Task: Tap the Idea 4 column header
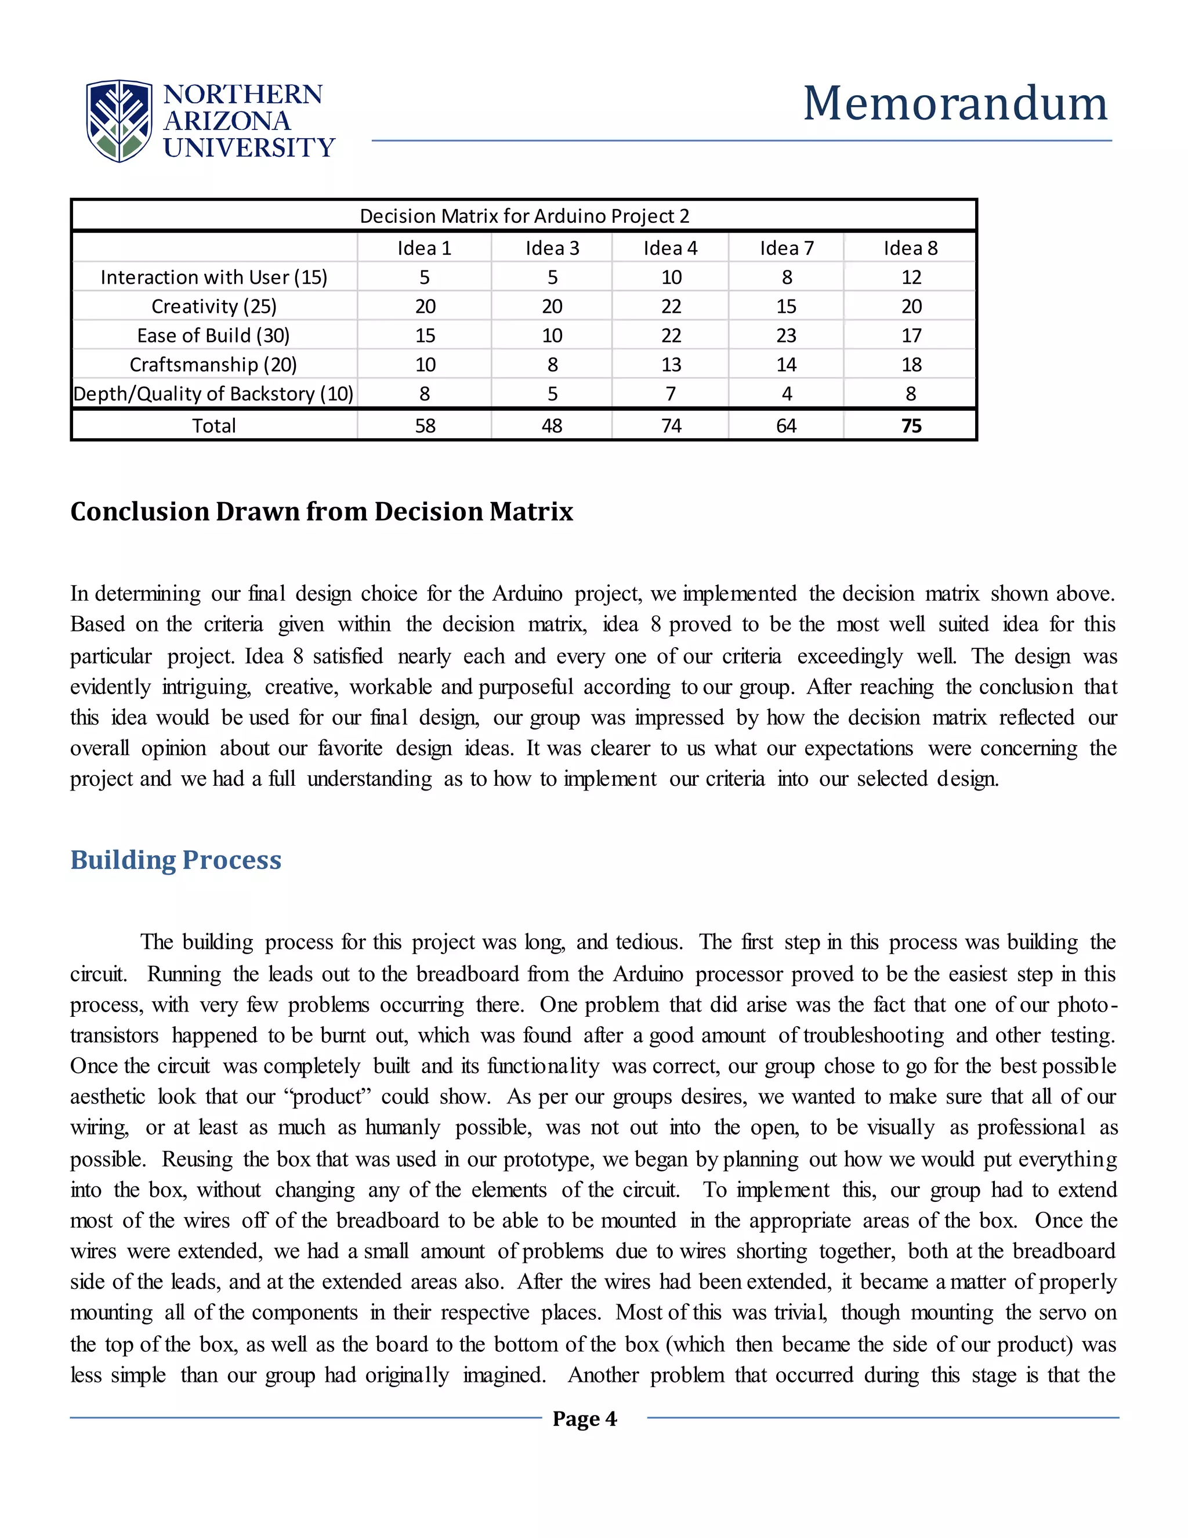(670, 248)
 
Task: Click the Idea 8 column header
(910, 248)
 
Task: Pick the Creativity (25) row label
(214, 306)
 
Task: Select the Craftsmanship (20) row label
(213, 365)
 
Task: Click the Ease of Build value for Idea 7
(786, 336)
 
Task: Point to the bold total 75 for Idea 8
(911, 426)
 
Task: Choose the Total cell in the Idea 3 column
(552, 426)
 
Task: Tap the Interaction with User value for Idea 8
(911, 277)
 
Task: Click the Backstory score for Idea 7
(786, 393)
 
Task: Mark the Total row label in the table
(214, 426)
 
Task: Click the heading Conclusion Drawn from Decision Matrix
(321, 511)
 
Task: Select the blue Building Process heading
(176, 860)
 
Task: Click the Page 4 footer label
(584, 1418)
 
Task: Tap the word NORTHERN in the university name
(243, 95)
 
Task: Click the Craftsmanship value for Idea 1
(425, 365)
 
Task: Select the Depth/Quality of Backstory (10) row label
(213, 393)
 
